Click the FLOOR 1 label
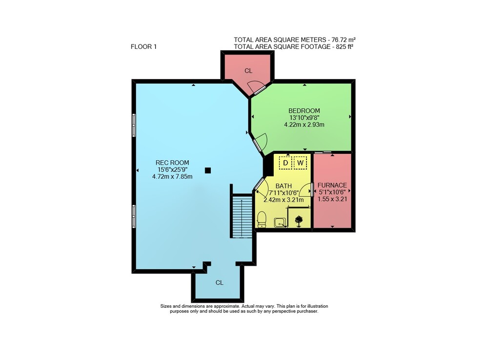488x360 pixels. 143,47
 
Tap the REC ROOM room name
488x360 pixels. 172,163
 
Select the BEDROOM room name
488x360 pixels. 304,111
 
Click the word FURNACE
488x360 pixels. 332,185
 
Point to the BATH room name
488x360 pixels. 284,186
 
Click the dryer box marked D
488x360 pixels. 285,163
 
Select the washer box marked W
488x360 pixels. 300,163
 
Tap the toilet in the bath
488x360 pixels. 262,219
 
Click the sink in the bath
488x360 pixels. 280,222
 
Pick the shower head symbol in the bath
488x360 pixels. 299,221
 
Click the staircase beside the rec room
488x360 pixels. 242,216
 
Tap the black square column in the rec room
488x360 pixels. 208,170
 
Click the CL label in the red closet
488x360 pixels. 248,71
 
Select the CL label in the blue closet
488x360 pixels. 220,283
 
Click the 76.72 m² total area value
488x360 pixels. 344,40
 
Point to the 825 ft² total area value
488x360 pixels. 344,47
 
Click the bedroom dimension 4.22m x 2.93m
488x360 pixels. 304,125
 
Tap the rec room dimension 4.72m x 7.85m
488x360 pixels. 172,176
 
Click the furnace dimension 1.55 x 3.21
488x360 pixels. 332,199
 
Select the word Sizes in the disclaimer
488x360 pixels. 165,306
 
